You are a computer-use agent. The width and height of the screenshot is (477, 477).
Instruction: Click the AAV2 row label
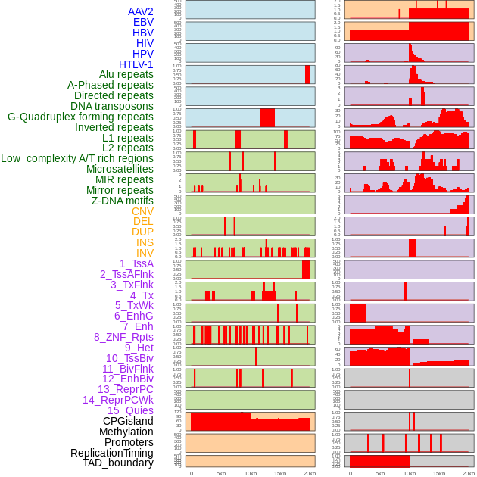140,11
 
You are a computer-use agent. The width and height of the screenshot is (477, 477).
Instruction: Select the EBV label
142,22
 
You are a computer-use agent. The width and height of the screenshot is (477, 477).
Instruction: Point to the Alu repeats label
126,74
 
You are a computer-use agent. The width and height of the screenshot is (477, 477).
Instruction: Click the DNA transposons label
112,106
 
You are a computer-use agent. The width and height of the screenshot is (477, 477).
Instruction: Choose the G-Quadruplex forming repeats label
80,117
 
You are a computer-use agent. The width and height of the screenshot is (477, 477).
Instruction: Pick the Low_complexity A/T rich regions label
77,158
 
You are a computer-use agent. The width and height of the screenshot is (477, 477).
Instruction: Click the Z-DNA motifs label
122,201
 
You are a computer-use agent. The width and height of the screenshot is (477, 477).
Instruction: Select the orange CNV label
142,211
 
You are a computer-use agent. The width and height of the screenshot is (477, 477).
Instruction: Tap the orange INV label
145,253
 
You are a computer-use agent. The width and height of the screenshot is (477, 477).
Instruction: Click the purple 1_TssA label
136,263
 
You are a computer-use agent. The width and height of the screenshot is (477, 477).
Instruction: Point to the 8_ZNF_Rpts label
123,337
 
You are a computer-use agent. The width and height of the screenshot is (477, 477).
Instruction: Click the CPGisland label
128,421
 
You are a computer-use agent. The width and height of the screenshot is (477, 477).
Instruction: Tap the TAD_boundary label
117,463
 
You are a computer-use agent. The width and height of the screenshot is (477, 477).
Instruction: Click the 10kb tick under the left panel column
250,473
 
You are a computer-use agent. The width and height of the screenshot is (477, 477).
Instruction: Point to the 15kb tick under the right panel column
439,473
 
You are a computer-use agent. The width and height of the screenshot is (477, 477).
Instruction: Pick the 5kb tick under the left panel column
220,473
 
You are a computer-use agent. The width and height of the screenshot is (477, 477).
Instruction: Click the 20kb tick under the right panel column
469,473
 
